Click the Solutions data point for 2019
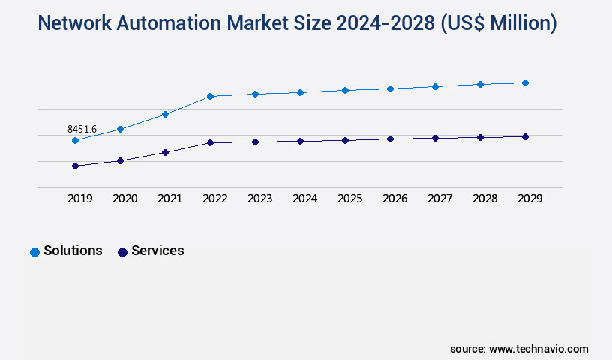tap(75, 140)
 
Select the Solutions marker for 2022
tap(210, 96)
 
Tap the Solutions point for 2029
tap(525, 82)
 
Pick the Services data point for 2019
tap(75, 166)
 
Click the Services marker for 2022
tap(210, 142)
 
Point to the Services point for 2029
tap(525, 136)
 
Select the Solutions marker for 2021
tap(165, 114)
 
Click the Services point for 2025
tap(345, 140)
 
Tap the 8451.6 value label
tap(82, 130)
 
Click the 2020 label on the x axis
tap(124, 199)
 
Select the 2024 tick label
tap(304, 199)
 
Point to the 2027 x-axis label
tap(439, 199)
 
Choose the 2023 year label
tap(259, 199)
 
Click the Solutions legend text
tap(73, 250)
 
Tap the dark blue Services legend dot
tap(122, 252)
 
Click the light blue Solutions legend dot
tap(34, 252)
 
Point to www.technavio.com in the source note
tap(538, 349)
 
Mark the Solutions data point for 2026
tap(390, 88)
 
